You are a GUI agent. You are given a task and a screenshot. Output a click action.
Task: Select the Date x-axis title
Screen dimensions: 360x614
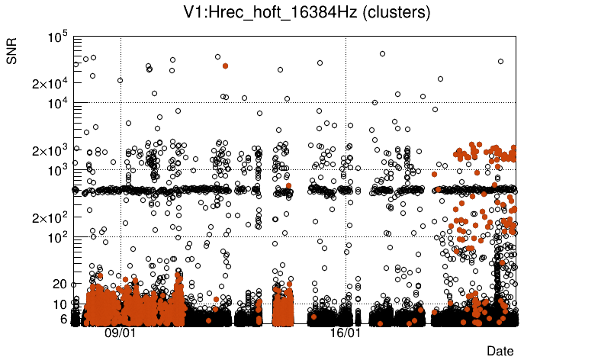point(500,350)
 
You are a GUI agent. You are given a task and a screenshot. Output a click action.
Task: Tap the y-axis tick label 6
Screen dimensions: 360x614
point(63,319)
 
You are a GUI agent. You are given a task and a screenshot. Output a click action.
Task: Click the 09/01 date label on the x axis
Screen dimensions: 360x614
point(121,333)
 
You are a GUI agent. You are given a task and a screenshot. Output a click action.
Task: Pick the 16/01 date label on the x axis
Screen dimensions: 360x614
point(346,333)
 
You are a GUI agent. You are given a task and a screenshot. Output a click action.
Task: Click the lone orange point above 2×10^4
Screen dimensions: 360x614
point(225,66)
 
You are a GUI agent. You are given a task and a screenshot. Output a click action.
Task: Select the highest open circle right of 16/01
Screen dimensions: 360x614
point(382,53)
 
